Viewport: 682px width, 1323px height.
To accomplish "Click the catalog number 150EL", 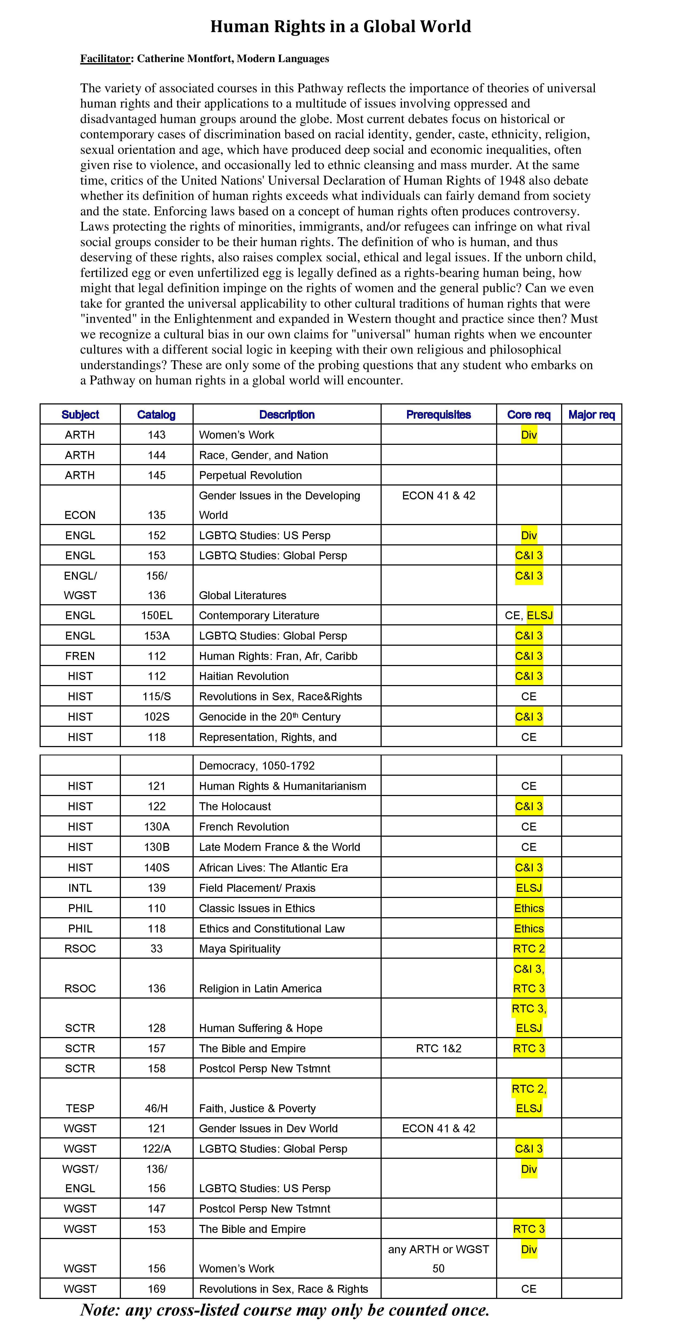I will [157, 615].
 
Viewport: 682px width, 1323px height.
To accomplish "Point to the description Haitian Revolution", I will [244, 676].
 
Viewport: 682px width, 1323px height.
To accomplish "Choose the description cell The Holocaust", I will [235, 806].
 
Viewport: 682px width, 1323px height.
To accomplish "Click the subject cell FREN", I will [80, 656].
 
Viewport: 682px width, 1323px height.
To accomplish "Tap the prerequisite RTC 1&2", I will [439, 1048].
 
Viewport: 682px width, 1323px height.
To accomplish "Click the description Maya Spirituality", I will [240, 949].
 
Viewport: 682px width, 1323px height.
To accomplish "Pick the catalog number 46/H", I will [157, 1108].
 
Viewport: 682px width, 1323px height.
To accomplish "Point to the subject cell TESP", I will [80, 1108].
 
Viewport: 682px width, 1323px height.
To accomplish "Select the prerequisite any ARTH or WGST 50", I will [439, 1259].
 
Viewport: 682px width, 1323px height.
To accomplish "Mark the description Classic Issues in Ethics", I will [257, 908].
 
